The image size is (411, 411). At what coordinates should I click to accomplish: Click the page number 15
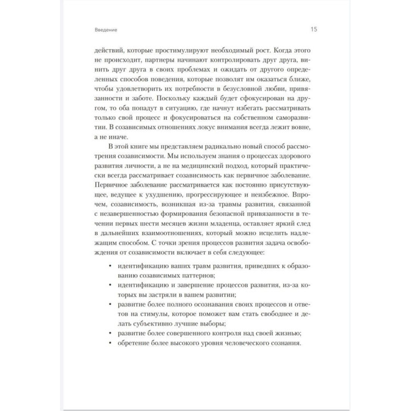coord(314,29)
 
